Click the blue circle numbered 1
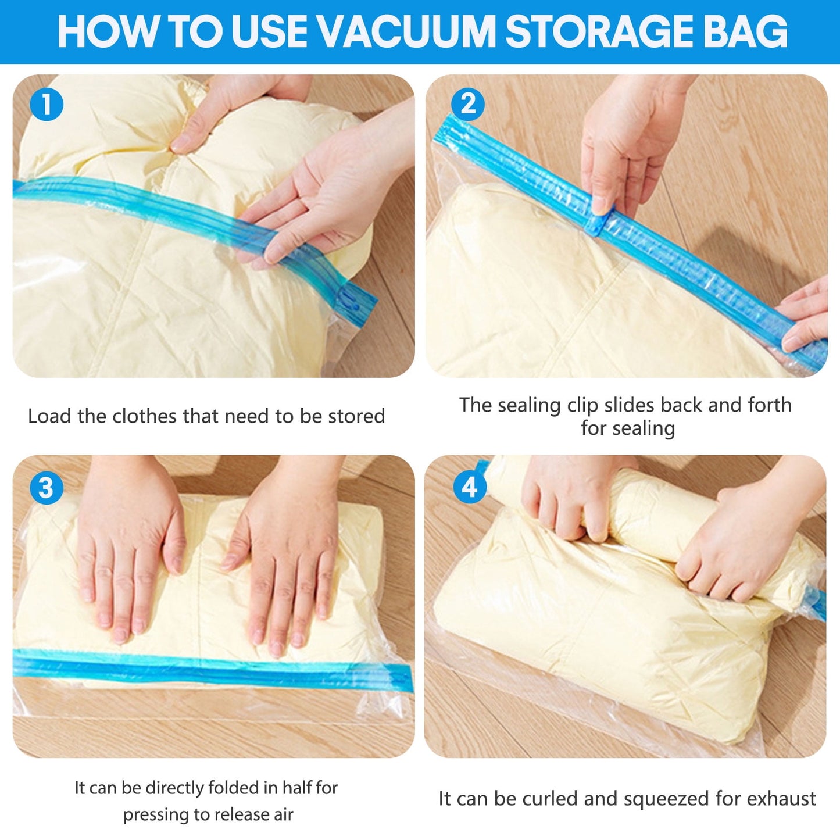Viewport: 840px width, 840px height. click(x=47, y=105)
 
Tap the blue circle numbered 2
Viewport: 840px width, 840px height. click(x=468, y=105)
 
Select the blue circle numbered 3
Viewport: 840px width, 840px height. click(x=47, y=487)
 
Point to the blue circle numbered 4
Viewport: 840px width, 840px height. click(x=470, y=487)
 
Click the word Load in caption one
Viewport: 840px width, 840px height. click(x=50, y=416)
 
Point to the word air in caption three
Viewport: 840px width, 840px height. click(x=284, y=814)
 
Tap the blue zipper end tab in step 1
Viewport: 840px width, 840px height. click(x=355, y=302)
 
